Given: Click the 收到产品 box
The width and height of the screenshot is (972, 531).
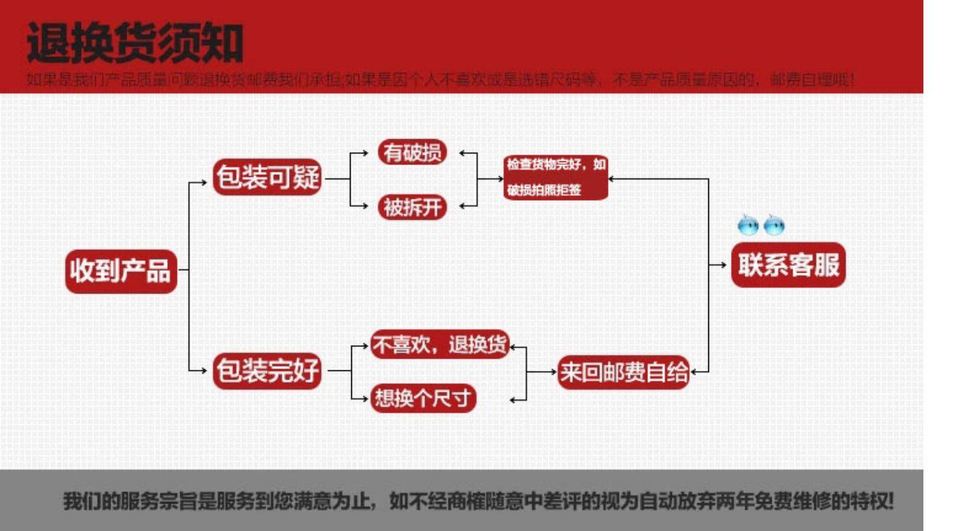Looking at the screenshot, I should [121, 271].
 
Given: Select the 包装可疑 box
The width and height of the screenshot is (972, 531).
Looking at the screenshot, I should [267, 177].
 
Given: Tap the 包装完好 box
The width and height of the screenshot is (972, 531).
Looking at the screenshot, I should [267, 370].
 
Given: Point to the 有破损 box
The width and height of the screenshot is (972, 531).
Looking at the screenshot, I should [412, 152].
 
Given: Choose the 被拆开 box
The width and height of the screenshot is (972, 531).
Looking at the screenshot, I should [412, 207].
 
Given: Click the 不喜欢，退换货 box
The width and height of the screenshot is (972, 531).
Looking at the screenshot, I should [440, 345].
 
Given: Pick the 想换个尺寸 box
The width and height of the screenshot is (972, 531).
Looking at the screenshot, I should [422, 398].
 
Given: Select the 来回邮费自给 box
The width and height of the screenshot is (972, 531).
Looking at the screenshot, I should [623, 372].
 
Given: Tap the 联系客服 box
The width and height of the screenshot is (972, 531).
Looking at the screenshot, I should [789, 265].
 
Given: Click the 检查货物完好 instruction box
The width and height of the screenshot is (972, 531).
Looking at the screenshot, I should [555, 177].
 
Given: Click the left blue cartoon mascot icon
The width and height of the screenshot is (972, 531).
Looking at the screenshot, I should [748, 225].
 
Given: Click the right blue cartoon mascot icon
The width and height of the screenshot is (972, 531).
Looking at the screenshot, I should [774, 225].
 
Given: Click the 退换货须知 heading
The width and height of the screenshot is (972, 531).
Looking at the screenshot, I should [135, 43].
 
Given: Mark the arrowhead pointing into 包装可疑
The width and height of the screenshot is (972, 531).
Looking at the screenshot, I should [204, 183].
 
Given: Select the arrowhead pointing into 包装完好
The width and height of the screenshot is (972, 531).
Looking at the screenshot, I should [204, 371].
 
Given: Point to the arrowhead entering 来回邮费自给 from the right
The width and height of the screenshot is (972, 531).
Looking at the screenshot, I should [694, 372].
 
